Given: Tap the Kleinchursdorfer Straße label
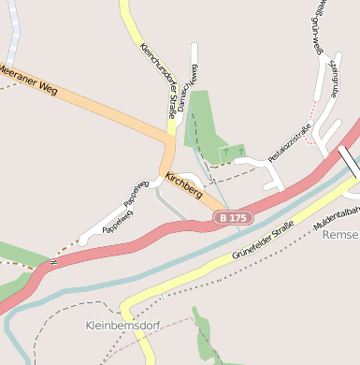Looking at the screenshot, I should click(x=157, y=80).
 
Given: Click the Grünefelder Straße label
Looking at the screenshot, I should click(x=263, y=241).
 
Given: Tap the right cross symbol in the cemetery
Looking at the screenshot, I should click(x=240, y=150).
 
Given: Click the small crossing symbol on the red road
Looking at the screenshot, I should click(x=53, y=262).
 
